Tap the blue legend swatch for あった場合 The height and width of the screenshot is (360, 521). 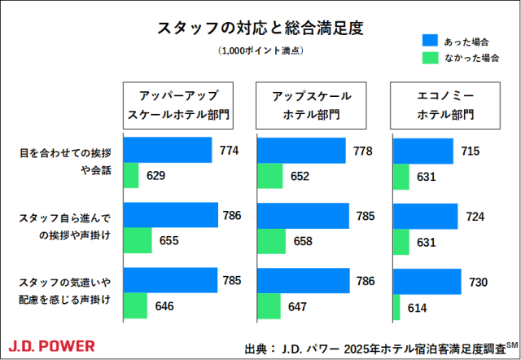point(431,40)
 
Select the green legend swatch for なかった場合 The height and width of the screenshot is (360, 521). point(431,58)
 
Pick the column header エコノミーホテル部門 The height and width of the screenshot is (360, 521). point(445,104)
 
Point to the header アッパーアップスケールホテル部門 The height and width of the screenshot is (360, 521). point(178,104)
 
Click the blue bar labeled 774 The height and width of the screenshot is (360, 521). point(168,151)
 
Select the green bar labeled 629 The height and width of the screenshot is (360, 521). point(131,175)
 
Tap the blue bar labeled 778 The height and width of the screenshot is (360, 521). point(302,151)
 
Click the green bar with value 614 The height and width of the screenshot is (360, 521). point(396,307)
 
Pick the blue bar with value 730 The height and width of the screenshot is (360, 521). point(427,282)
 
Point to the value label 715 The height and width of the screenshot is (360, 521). point(470,151)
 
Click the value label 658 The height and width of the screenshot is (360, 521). point(301,241)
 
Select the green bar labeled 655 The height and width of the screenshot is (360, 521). point(138,240)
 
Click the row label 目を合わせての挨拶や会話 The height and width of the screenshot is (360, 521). point(65,161)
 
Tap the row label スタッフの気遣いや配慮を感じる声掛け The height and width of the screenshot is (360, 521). point(65,292)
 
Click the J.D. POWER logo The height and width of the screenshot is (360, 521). point(51,345)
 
